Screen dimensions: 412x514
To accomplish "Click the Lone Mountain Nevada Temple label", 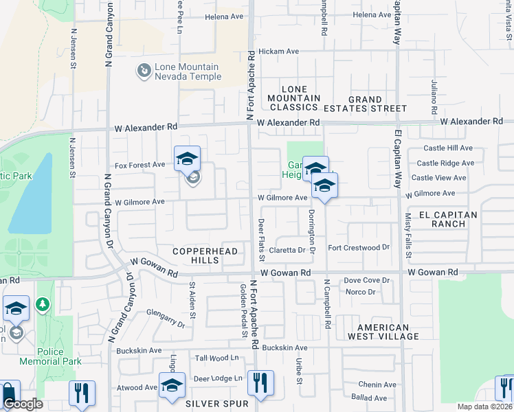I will pyautogui.click(x=188, y=72).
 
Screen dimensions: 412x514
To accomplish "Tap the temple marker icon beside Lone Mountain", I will pyautogui.click(x=144, y=70).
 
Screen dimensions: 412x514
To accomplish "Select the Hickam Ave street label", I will pyautogui.click(x=279, y=51).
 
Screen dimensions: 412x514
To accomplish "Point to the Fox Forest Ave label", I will pyautogui.click(x=139, y=165).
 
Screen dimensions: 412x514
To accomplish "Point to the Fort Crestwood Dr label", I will pyautogui.click(x=359, y=247).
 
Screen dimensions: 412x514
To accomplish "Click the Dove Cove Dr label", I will pyautogui.click(x=366, y=280).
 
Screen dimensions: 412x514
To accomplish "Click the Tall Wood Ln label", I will pyautogui.click(x=217, y=358).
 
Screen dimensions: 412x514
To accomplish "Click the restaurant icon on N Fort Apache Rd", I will pyautogui.click(x=260, y=384).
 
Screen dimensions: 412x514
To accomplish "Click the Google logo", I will pyautogui.click(x=23, y=404).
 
